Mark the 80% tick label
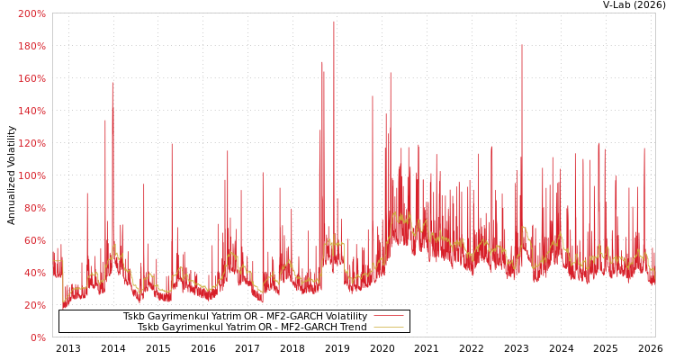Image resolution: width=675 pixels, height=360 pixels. tap(34, 208)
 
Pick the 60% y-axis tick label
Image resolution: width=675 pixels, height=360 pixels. tap(34, 240)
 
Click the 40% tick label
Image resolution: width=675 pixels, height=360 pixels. tap(34, 273)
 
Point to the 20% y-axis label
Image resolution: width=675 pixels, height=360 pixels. tap(34, 305)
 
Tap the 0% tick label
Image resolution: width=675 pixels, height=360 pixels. tap(37, 337)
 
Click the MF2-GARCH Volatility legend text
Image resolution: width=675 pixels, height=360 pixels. tap(245, 316)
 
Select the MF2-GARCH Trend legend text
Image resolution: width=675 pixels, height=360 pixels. tap(252, 327)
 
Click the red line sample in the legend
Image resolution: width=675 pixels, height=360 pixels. tap(388, 316)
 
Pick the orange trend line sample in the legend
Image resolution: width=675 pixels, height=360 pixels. tap(388, 327)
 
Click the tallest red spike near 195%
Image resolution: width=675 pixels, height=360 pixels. tap(333, 22)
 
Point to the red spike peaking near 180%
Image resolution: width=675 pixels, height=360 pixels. tap(521, 46)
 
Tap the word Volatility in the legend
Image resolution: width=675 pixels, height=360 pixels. tap(345, 316)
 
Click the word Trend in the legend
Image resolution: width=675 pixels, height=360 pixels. tap(353, 327)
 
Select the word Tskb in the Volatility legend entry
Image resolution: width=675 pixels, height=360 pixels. tap(134, 316)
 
